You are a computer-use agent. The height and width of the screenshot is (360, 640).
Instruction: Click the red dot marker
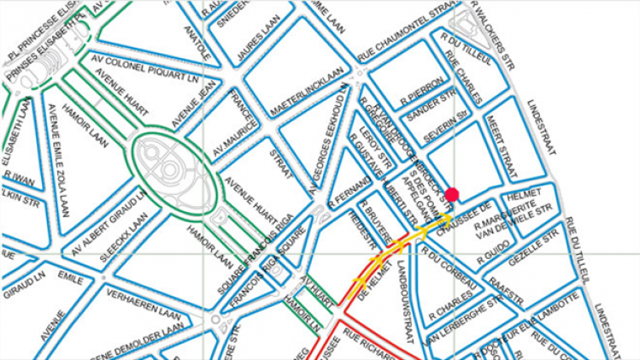(452, 195)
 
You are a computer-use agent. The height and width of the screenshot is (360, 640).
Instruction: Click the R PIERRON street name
(424, 86)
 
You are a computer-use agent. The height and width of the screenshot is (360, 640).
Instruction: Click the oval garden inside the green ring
(167, 162)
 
